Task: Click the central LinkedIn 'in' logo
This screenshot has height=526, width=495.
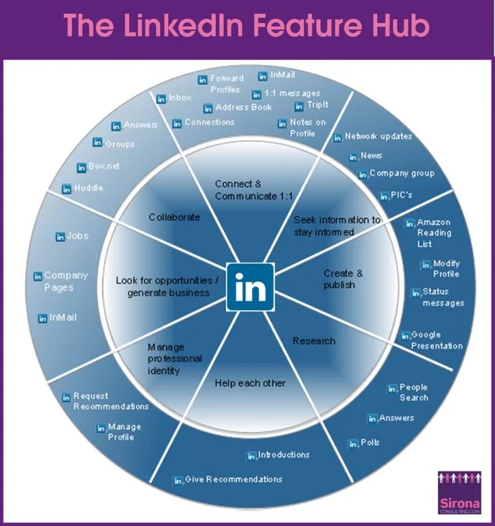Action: [x=250, y=287]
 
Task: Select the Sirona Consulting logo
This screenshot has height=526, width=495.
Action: [x=459, y=493]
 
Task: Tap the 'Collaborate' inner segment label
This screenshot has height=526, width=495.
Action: [x=174, y=217]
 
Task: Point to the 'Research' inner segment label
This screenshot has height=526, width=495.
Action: [x=313, y=341]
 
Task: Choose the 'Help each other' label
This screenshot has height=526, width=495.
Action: [x=250, y=383]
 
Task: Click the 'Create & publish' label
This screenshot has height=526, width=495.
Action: [x=343, y=279]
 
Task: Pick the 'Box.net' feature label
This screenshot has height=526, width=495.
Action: [x=104, y=166]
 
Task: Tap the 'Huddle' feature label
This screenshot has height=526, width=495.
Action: [x=88, y=188]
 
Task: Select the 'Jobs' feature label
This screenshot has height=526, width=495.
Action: [x=77, y=236]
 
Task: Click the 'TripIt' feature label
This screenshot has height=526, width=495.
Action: [x=317, y=106]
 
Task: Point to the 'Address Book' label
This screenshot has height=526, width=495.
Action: [x=243, y=108]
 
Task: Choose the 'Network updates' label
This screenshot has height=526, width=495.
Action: [x=378, y=137]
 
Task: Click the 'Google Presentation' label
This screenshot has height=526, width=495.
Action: [x=436, y=340]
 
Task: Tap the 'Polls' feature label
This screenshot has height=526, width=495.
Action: [x=370, y=443]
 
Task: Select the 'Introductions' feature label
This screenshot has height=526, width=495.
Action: [x=283, y=455]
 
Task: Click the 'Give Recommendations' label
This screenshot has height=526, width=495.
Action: [x=233, y=480]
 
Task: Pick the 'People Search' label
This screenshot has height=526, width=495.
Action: [x=413, y=392]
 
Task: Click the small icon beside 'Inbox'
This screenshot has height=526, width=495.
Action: [x=161, y=99]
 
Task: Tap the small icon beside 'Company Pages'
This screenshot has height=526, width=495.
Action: [x=38, y=276]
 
